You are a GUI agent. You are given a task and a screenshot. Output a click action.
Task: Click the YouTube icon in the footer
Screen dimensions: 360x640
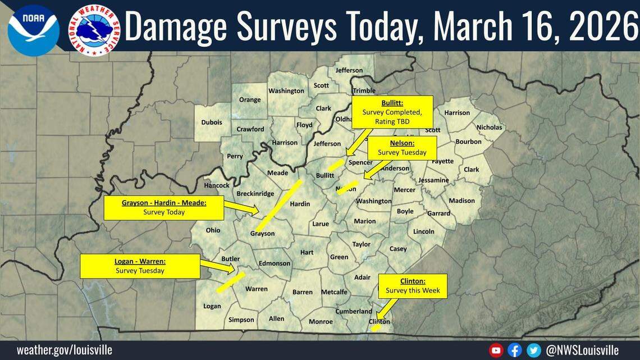click(496, 350)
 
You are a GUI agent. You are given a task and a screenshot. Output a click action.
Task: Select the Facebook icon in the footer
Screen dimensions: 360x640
click(514, 350)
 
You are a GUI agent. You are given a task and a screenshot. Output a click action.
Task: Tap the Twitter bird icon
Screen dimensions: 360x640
click(533, 350)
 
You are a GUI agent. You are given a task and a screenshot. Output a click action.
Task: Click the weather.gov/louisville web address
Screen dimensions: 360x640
click(64, 350)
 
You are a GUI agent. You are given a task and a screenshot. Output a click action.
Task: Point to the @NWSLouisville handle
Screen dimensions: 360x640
click(582, 350)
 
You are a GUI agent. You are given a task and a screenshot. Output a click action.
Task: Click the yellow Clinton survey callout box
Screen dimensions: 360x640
click(413, 286)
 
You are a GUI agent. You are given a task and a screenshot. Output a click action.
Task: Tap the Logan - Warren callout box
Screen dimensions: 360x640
click(140, 266)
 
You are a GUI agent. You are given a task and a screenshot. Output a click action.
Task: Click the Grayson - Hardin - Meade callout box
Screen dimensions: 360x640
click(164, 207)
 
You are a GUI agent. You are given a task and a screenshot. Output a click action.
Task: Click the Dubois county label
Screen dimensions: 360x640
click(212, 122)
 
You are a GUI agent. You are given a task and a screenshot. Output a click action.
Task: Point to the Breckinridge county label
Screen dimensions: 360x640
click(255, 194)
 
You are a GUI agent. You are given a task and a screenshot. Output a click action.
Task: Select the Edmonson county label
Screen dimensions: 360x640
click(275, 263)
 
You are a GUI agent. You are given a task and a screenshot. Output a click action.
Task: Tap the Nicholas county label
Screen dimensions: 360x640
click(489, 127)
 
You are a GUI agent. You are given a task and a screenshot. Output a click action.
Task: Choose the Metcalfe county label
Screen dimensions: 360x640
click(334, 292)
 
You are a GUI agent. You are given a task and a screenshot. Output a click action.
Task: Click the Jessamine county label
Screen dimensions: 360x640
click(433, 180)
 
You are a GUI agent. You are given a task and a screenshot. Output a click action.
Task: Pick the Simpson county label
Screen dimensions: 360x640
click(241, 320)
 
